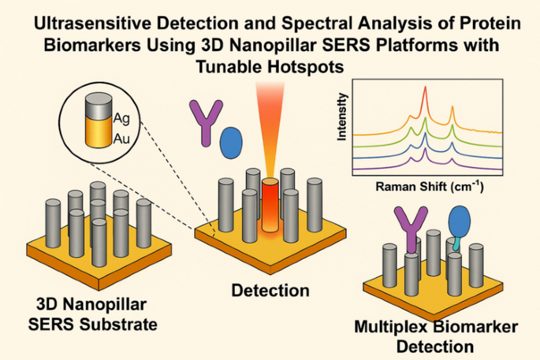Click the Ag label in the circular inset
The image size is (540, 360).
pyautogui.click(x=121, y=120)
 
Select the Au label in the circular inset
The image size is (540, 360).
pyautogui.click(x=121, y=139)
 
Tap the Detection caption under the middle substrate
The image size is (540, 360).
pyautogui.click(x=270, y=291)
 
